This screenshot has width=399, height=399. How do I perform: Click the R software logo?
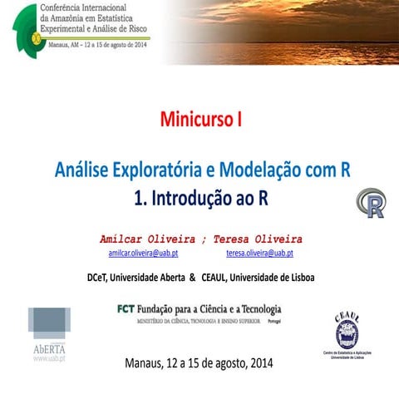point(371,203)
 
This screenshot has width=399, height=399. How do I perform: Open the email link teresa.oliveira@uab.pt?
point(259,253)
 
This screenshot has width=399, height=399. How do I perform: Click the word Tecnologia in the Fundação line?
point(253,309)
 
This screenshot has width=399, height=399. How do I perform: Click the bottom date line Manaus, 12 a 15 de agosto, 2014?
point(198,363)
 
